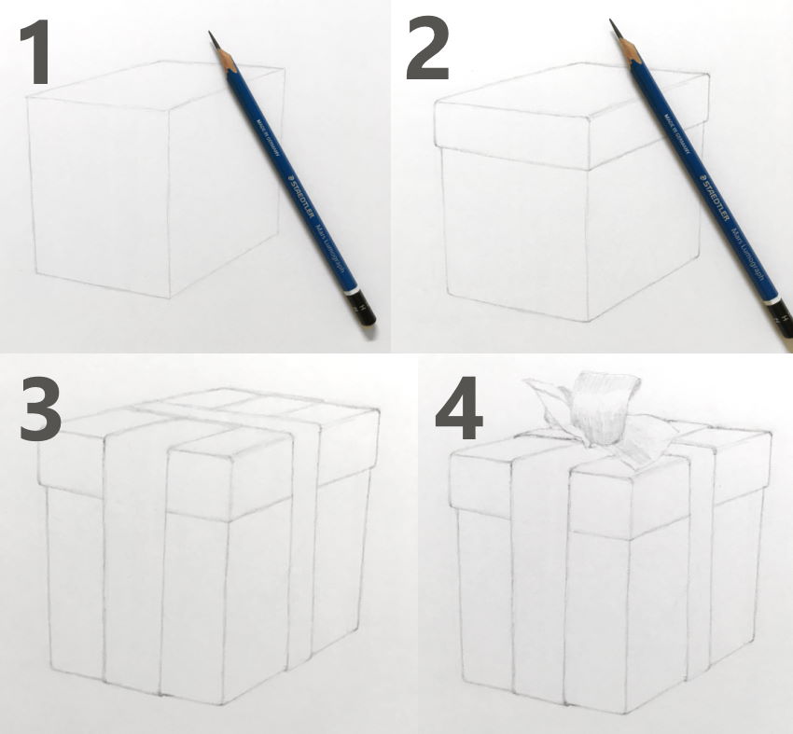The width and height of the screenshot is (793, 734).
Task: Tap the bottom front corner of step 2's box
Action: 584,319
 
